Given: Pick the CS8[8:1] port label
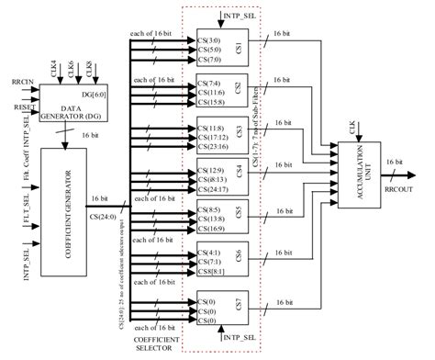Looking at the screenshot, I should (x=212, y=271).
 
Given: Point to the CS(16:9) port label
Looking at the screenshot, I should (x=210, y=230).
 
